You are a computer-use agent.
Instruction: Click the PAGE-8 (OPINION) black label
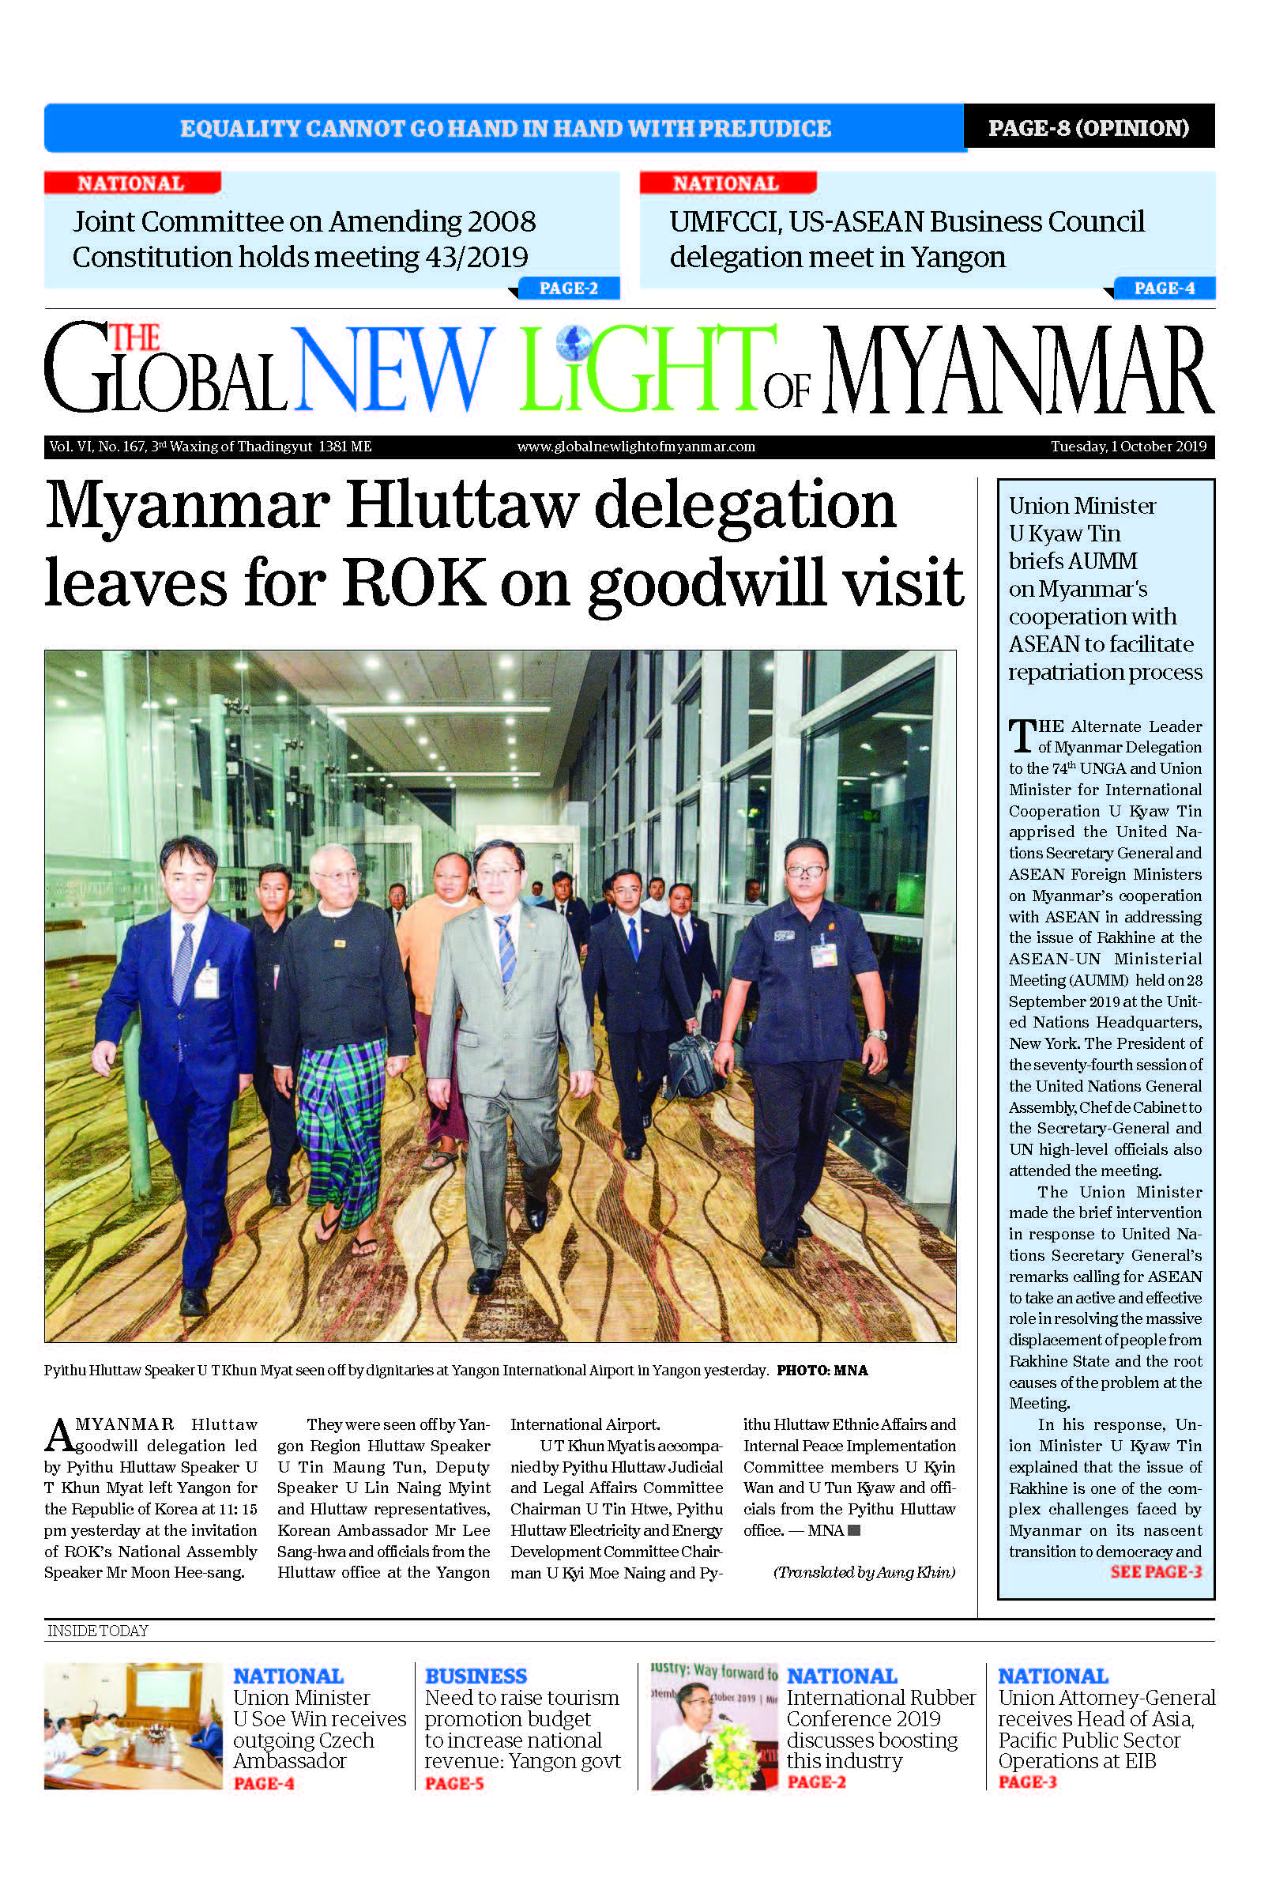(x=1088, y=127)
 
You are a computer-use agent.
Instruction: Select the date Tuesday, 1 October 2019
(x=1127, y=447)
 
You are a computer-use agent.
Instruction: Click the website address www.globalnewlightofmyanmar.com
(x=636, y=447)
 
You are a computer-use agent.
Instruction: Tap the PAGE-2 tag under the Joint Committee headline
(x=568, y=288)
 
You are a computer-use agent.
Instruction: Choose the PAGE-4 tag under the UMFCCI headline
(x=1164, y=288)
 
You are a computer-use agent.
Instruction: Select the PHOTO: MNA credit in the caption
(x=822, y=1371)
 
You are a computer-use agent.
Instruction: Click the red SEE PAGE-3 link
(x=1155, y=1571)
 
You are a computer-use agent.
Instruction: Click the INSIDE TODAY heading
(x=97, y=1631)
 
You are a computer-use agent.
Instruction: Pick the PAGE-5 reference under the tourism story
(x=454, y=1783)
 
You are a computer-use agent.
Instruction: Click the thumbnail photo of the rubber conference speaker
(x=714, y=1725)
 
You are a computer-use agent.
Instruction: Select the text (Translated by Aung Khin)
(x=864, y=1572)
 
